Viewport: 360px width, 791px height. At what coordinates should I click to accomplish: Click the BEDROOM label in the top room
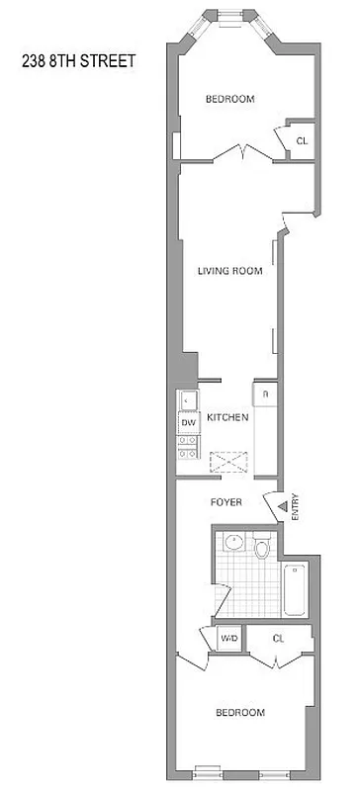(x=229, y=99)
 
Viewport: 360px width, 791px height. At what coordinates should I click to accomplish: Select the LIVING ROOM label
(x=229, y=271)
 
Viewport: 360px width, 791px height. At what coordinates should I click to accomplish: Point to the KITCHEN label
(x=227, y=417)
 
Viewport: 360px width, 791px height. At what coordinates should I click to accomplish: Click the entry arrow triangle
(x=282, y=507)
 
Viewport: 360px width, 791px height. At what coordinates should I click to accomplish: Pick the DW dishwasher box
(x=189, y=423)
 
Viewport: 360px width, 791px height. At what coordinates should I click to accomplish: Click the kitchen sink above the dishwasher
(x=189, y=401)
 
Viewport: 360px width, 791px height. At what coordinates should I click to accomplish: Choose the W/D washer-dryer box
(x=228, y=639)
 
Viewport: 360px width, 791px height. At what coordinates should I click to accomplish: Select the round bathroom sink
(x=232, y=542)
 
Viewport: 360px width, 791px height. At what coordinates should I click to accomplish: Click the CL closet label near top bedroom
(x=302, y=140)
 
